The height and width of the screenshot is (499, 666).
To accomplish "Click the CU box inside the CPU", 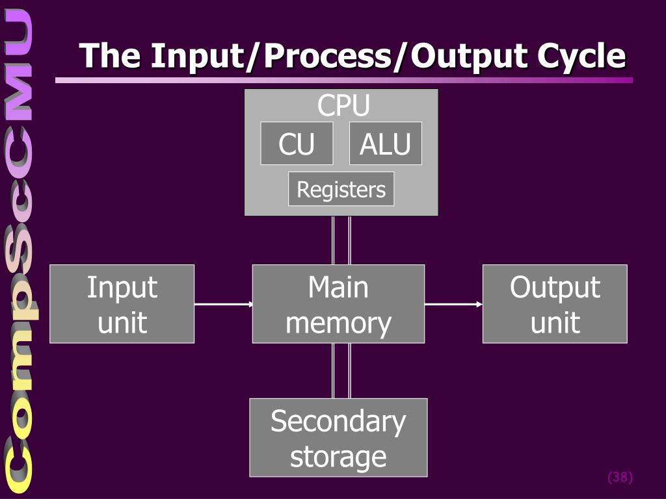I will click(297, 144).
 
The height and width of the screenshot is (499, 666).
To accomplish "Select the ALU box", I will click(386, 144).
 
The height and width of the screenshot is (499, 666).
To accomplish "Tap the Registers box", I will click(341, 189).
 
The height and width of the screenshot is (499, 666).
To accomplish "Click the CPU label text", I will click(343, 105).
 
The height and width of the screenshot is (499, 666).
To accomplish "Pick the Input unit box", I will click(122, 304).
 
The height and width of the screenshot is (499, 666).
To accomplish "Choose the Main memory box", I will click(338, 304).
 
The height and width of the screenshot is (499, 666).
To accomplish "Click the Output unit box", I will click(555, 304).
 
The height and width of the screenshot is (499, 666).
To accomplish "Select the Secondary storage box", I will click(338, 438).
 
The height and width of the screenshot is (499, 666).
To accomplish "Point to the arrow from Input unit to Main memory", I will click(223, 304).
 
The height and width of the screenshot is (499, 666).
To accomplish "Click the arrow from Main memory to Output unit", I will click(453, 304).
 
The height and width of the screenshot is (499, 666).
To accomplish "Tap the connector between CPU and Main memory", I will click(341, 240).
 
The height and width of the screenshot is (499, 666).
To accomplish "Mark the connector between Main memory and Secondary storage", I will click(341, 370).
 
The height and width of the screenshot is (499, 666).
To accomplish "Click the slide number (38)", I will click(620, 478).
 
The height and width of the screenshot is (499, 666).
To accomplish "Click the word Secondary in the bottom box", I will click(338, 421).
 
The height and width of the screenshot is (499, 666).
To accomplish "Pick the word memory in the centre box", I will click(338, 323).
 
